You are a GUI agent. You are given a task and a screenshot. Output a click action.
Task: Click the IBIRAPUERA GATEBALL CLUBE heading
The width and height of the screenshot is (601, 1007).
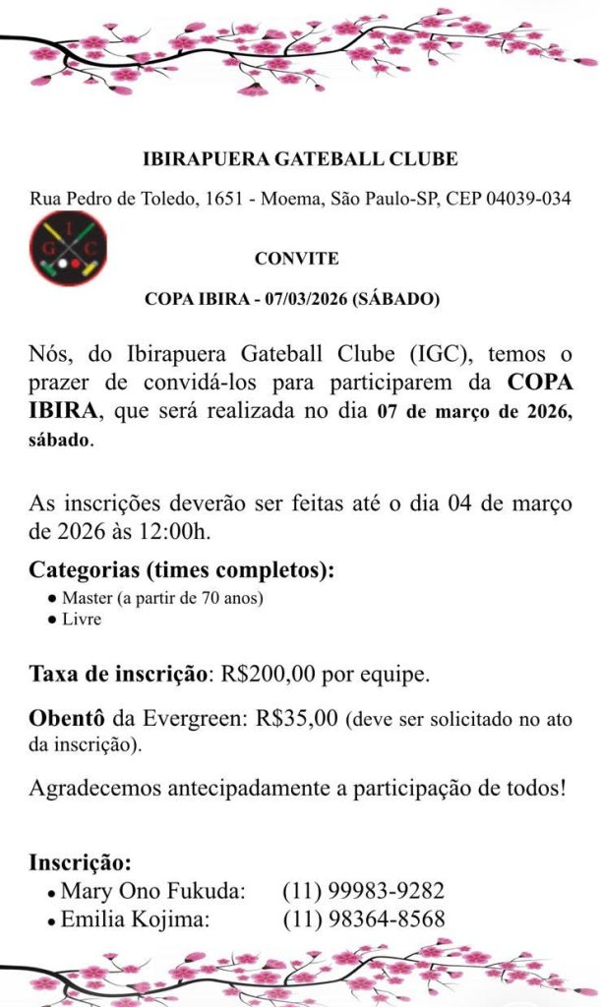click(x=300, y=158)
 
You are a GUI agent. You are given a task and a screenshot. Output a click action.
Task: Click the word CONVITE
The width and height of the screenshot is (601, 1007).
click(x=296, y=259)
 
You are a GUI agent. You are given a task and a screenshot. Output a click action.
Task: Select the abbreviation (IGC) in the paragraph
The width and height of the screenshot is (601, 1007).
click(x=377, y=354)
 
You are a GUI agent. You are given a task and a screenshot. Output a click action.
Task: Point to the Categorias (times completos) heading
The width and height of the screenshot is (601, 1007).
click(x=181, y=569)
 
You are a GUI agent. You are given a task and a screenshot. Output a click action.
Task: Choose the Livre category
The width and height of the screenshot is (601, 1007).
click(x=81, y=620)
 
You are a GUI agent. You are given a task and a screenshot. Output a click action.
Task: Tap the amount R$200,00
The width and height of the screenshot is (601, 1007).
click(x=270, y=676)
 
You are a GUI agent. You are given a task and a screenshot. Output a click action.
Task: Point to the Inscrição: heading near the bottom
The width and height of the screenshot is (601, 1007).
click(x=80, y=862)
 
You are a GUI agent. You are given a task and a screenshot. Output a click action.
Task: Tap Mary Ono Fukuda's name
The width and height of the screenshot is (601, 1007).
click(x=151, y=892)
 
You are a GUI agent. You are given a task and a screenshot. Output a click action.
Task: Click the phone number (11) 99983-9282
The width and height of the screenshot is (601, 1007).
click(x=363, y=892)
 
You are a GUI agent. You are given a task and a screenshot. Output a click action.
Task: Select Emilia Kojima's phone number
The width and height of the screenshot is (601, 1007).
click(x=363, y=920)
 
